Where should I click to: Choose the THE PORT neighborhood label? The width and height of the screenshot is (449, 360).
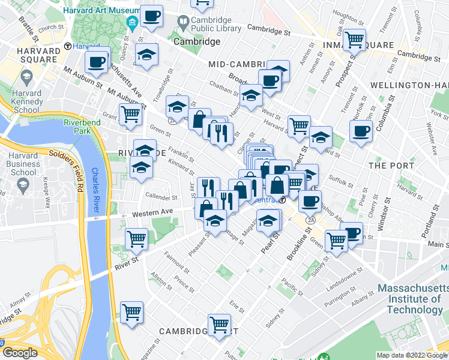point(391,165)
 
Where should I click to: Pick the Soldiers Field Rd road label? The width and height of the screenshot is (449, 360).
point(65,168)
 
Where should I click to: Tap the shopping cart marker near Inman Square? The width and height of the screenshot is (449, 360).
point(355,40)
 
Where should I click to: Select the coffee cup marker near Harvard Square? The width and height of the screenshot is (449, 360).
point(97,61)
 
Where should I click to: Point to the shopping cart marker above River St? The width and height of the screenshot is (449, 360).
point(137,238)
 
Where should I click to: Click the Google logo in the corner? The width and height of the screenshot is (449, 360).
point(20,353)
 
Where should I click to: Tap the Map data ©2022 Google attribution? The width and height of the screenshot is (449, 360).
point(412,355)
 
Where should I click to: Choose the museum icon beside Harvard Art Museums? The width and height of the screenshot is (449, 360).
point(132,23)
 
